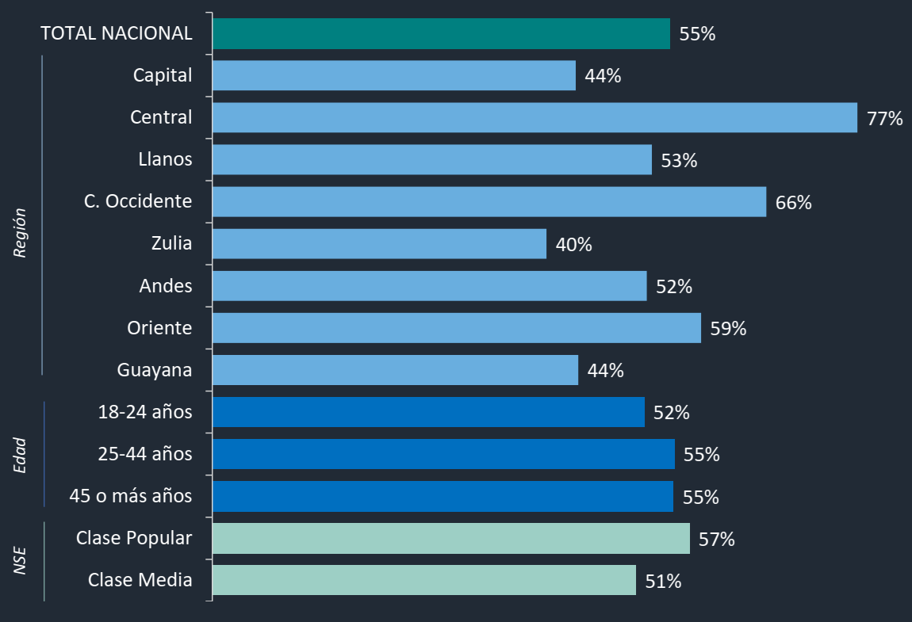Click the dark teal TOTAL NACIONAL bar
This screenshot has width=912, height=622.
[441, 34]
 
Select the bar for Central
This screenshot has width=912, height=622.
[535, 117]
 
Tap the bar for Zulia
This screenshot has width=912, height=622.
[379, 244]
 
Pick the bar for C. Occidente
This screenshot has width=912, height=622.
[489, 202]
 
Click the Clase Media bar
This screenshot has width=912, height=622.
[424, 580]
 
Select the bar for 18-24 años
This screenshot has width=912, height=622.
[428, 412]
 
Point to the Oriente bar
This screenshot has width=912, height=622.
[457, 328]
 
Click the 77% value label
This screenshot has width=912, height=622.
[884, 119]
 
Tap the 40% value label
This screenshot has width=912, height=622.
[573, 245]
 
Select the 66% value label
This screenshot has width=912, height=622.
[793, 203]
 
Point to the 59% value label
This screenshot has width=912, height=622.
[728, 329]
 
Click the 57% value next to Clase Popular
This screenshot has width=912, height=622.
[717, 540]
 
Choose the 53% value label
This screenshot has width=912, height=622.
[679, 161]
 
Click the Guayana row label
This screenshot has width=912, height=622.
[155, 370]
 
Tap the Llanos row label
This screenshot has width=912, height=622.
[165, 159]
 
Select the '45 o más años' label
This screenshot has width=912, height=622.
[131, 497]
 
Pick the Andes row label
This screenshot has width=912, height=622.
[166, 285]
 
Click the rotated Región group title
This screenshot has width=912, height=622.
[21, 233]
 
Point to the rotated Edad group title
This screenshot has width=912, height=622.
[21, 455]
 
